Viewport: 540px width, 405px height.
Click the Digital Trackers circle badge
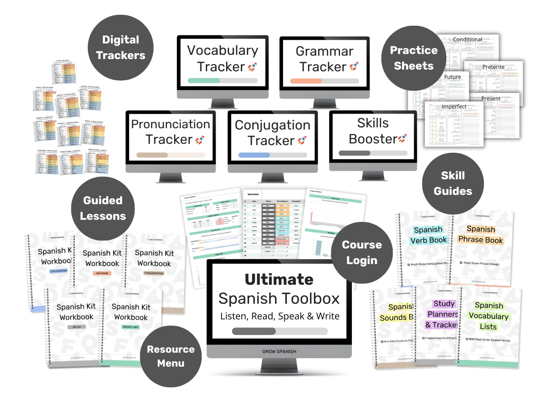pyautogui.click(x=121, y=47)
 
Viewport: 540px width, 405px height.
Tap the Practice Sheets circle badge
pyautogui.click(x=413, y=58)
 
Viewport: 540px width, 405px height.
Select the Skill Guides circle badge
pyautogui.click(x=453, y=184)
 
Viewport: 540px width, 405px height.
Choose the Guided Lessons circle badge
pyautogui.click(x=103, y=208)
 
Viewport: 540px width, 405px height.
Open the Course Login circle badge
pyautogui.click(x=362, y=253)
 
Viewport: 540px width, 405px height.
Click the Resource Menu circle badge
pyautogui.click(x=171, y=356)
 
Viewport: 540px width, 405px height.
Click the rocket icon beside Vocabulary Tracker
pyautogui.click(x=252, y=67)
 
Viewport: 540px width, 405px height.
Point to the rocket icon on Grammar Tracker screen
pyautogui.click(x=354, y=66)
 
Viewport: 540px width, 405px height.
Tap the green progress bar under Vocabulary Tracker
pyautogui.click(x=203, y=81)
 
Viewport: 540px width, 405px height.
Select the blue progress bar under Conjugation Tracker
pyautogui.click(x=254, y=155)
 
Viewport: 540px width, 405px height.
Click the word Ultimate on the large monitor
pyautogui.click(x=279, y=279)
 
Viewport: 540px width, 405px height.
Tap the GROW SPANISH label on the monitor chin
pyautogui.click(x=279, y=351)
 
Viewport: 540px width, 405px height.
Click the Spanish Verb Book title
pyautogui.click(x=428, y=235)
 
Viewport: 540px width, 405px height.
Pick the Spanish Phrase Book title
pyautogui.click(x=481, y=234)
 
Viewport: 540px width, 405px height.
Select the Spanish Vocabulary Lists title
pyautogui.click(x=489, y=316)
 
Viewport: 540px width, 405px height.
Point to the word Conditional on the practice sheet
pyautogui.click(x=467, y=40)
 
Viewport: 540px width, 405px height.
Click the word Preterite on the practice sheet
pyautogui.click(x=493, y=67)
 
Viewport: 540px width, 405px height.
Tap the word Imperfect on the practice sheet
pyautogui.click(x=454, y=107)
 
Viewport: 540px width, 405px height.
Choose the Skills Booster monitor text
pyautogui.click(x=373, y=131)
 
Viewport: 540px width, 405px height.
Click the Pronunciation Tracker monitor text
pyautogui.click(x=170, y=132)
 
